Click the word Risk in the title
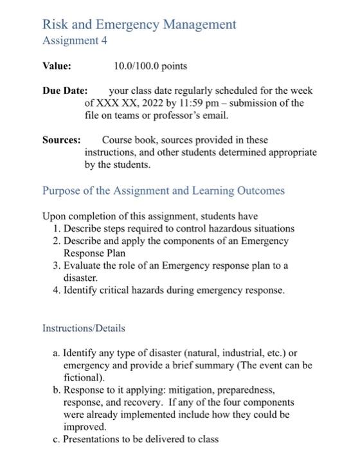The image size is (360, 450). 55,24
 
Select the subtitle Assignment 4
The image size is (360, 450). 75,40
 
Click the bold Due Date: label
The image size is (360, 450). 64,91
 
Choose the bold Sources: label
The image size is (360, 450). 62,140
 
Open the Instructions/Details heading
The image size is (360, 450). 84,328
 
